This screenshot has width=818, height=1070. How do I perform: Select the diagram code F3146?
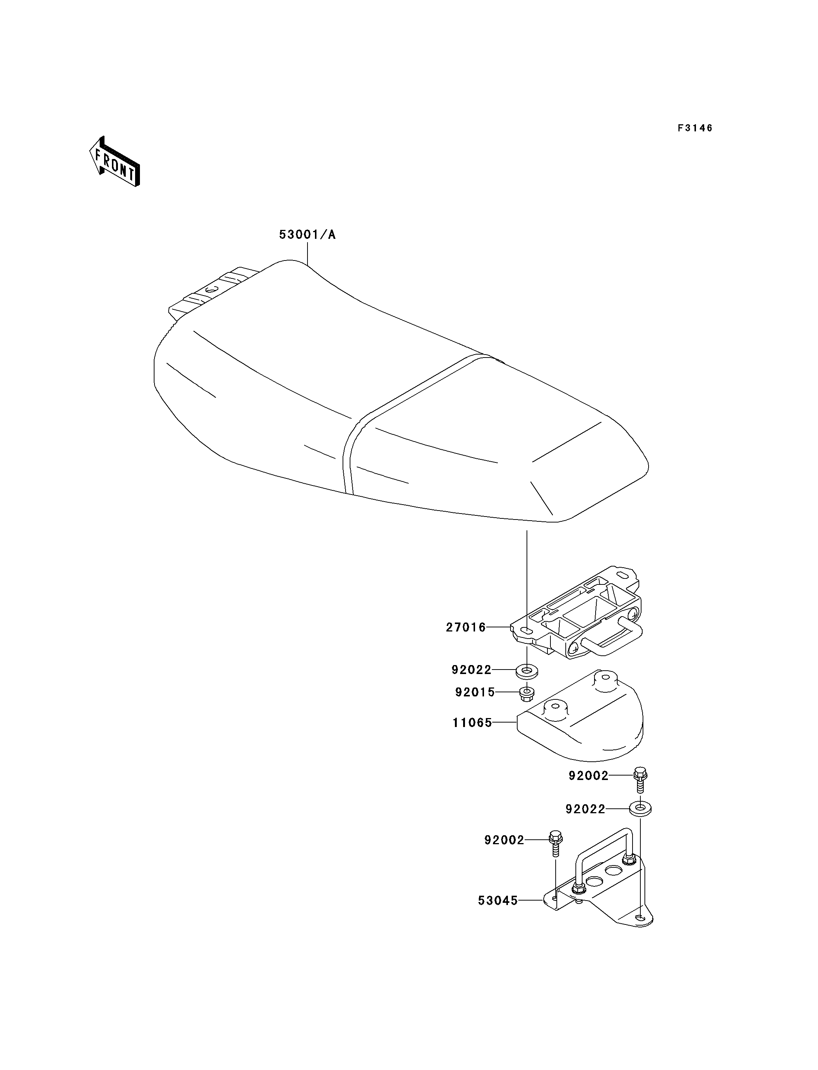[695, 128]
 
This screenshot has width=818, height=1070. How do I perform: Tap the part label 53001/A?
[307, 235]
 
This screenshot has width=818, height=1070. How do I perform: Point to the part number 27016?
[466, 627]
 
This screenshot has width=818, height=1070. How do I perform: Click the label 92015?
[475, 692]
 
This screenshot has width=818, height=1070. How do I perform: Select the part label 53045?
[497, 901]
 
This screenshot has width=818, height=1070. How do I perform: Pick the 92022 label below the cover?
[585, 809]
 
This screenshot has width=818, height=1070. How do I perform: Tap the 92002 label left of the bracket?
[504, 840]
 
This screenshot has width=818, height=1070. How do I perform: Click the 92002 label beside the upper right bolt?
[588, 776]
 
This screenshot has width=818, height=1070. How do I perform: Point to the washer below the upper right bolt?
[641, 809]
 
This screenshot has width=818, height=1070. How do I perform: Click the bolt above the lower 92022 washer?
[640, 780]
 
